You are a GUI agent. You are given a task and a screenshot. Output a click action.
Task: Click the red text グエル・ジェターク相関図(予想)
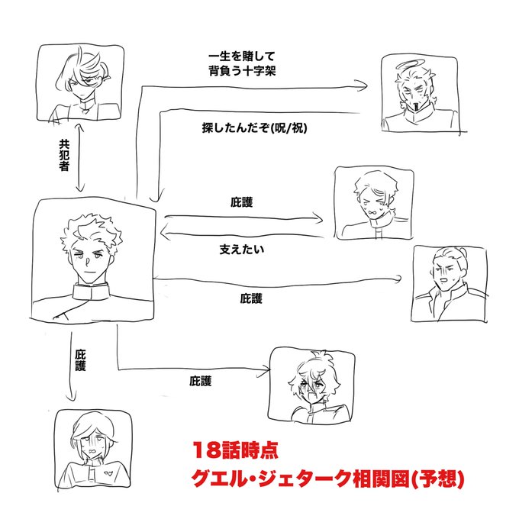pos(328,482)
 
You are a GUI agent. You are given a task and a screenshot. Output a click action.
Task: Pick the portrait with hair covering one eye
pos(80,82)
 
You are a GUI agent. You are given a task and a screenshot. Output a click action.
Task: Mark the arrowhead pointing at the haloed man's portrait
pos(364,89)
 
